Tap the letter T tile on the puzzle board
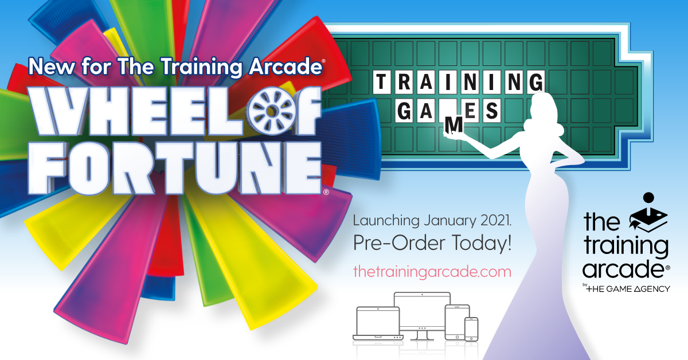pyautogui.click(x=381, y=82)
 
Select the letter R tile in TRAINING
pyautogui.click(x=404, y=82)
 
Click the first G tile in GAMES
pyautogui.click(x=404, y=111)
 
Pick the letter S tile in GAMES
pyautogui.click(x=491, y=111)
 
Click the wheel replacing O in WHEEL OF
pyautogui.click(x=271, y=111)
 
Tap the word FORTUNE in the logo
pyautogui.click(x=175, y=169)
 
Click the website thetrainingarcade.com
pyautogui.click(x=432, y=272)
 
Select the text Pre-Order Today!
pyautogui.click(x=432, y=243)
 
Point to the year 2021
pyautogui.click(x=495, y=221)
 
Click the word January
pyautogui.click(x=450, y=221)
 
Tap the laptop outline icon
pyautogui.click(x=378, y=323)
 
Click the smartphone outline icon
pyautogui.click(x=471, y=329)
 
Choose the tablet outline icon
pyautogui.click(x=457, y=322)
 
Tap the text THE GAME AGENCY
pyautogui.click(x=628, y=289)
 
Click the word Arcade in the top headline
pyautogui.click(x=286, y=66)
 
